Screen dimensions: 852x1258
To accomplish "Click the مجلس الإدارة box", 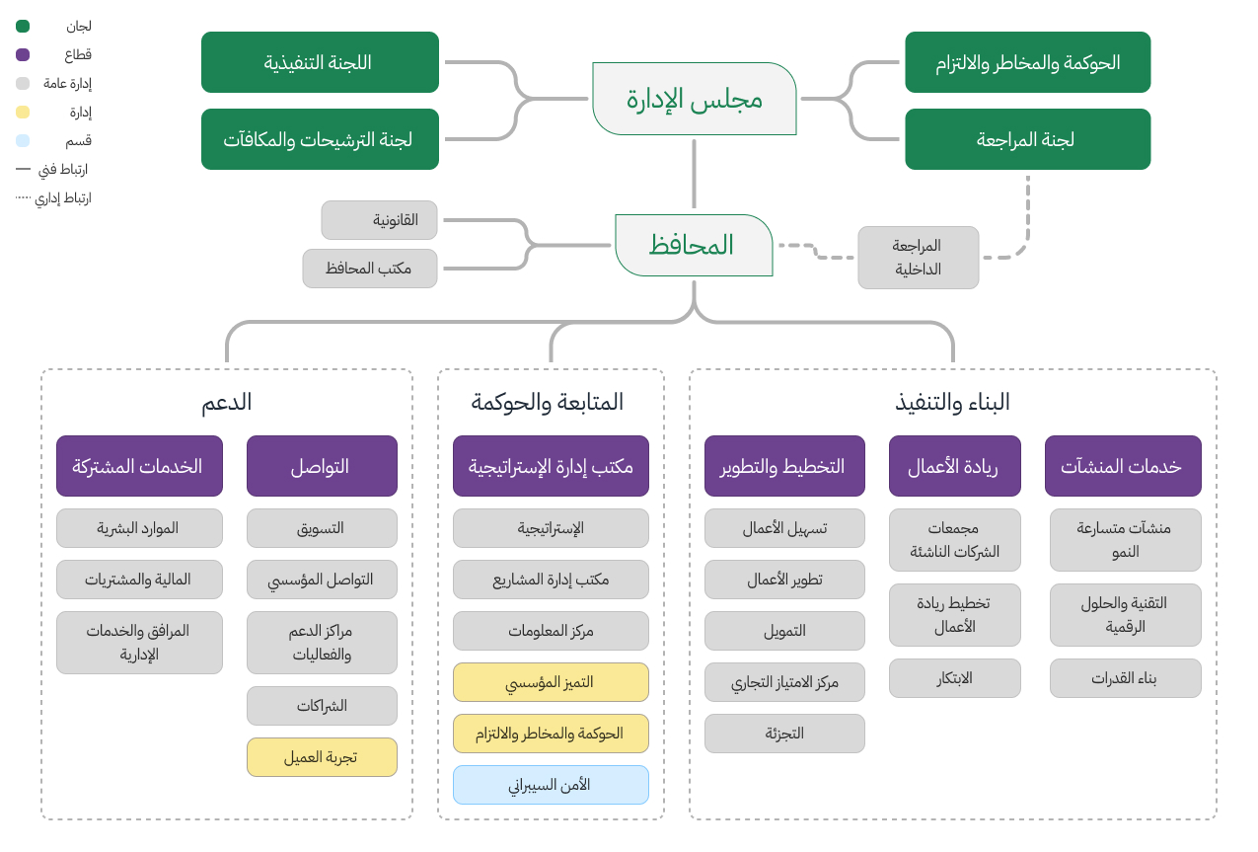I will pyautogui.click(x=694, y=99).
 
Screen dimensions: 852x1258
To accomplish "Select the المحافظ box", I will pyautogui.click(x=694, y=245).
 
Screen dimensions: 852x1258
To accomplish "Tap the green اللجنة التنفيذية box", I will pyautogui.click(x=320, y=62).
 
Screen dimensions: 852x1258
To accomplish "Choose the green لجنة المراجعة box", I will pyautogui.click(x=1027, y=139).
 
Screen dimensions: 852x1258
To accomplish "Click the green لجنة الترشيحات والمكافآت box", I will pyautogui.click(x=320, y=139).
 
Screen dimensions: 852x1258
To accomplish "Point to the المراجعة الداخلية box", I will pyautogui.click(x=918, y=258).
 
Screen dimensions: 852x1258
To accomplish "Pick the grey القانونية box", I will pyautogui.click(x=381, y=220).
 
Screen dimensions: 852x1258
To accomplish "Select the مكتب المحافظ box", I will pyautogui.click(x=369, y=268).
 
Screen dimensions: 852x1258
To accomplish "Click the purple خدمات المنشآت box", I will pyautogui.click(x=1123, y=466).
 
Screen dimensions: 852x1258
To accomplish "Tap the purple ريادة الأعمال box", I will pyautogui.click(x=954, y=466).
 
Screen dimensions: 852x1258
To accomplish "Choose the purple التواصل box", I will pyautogui.click(x=322, y=466).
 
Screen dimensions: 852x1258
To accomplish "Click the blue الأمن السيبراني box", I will pyautogui.click(x=551, y=785).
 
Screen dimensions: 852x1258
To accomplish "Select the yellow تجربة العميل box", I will pyautogui.click(x=322, y=757).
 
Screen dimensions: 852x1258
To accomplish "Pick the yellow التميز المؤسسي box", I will pyautogui.click(x=551, y=682).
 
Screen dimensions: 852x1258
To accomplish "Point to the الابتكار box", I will pyautogui.click(x=954, y=678).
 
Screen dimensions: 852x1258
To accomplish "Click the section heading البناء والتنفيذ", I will pyautogui.click(x=952, y=402).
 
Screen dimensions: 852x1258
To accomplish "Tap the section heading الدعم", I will pyautogui.click(x=227, y=402).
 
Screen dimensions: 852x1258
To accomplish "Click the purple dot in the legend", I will pyautogui.click(x=23, y=55).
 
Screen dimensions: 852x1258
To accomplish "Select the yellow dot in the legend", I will pyautogui.click(x=23, y=113).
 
